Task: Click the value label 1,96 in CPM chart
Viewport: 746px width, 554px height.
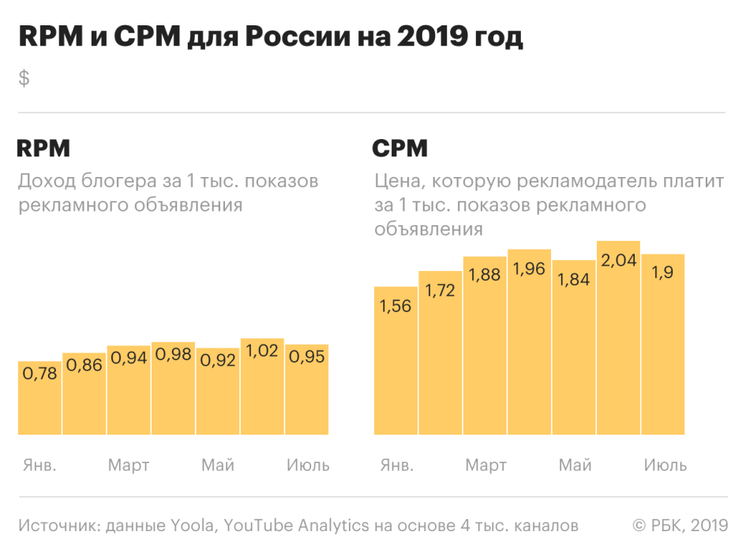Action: pyautogui.click(x=529, y=269)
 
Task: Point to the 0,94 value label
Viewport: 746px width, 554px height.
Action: pyautogui.click(x=129, y=357)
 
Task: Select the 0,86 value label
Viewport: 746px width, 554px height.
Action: pyautogui.click(x=84, y=365)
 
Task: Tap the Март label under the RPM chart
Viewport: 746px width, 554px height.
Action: pyautogui.click(x=129, y=465)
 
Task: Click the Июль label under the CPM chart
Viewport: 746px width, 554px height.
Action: pyautogui.click(x=665, y=465)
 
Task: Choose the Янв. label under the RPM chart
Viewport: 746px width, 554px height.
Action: pyautogui.click(x=39, y=465)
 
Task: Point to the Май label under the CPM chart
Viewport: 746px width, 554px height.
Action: pyautogui.click(x=575, y=465)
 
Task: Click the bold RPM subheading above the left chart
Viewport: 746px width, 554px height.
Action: pyautogui.click(x=43, y=149)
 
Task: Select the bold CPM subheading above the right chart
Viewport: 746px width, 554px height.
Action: pyautogui.click(x=400, y=149)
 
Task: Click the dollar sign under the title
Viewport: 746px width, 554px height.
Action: pyautogui.click(x=24, y=78)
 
